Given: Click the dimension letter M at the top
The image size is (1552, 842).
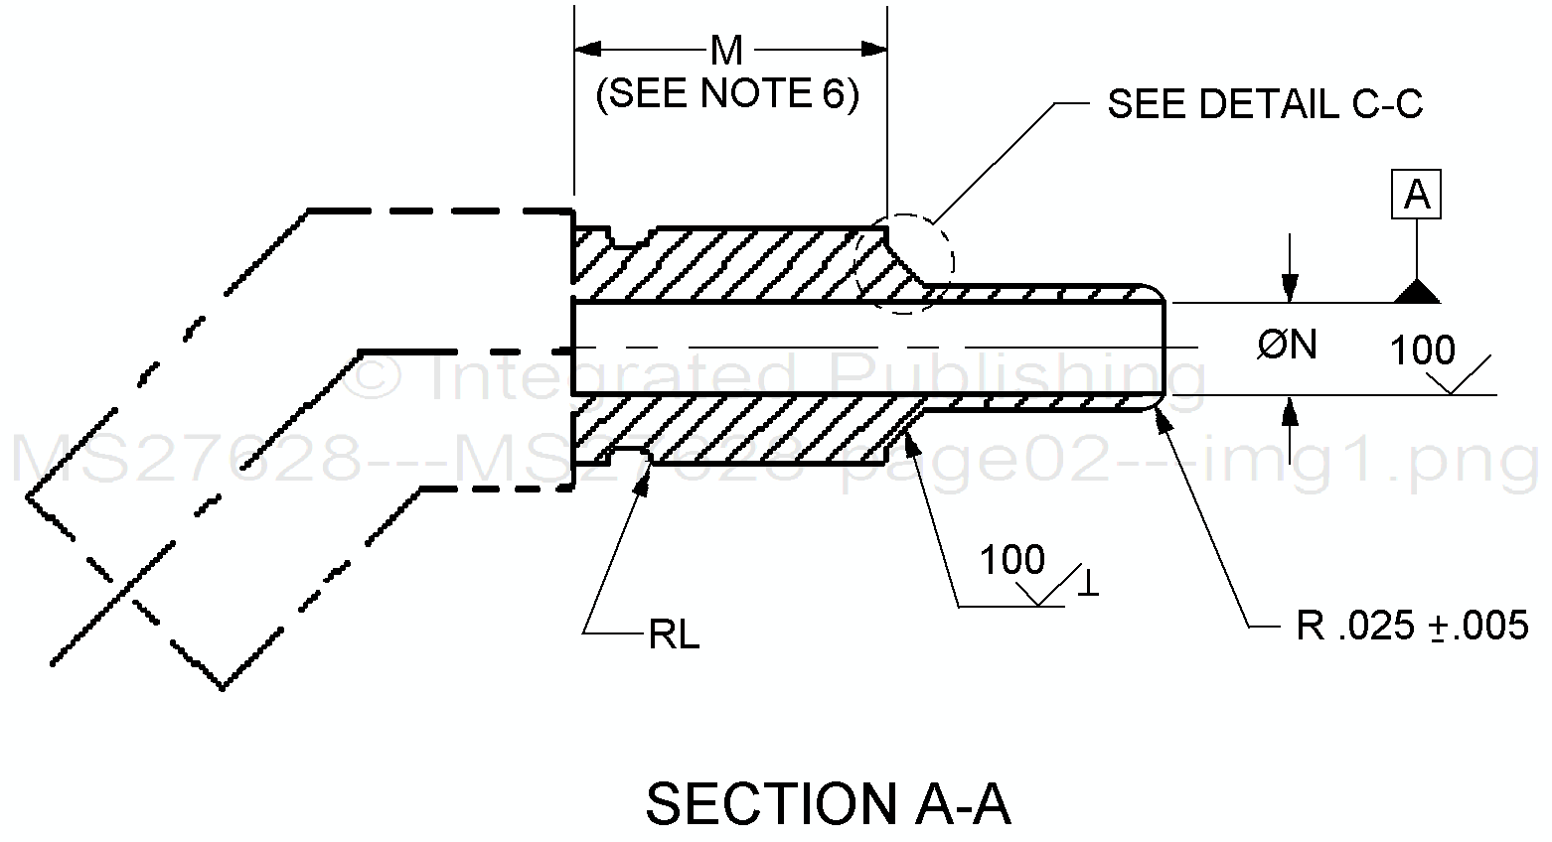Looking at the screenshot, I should click(x=727, y=50).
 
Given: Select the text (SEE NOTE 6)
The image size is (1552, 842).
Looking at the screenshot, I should click(x=727, y=94).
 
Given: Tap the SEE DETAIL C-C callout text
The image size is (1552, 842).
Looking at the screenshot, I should click(x=1265, y=104).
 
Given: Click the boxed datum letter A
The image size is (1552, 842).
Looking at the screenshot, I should click(x=1417, y=195).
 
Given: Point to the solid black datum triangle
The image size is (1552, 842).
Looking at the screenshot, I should click(x=1417, y=291).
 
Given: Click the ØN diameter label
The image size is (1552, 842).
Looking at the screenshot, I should click(x=1287, y=346).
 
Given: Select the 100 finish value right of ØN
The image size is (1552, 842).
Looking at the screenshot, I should click(x=1422, y=351).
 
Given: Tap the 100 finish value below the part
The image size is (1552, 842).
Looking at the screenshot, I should click(x=1012, y=561).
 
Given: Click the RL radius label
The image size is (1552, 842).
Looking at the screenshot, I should click(x=674, y=635).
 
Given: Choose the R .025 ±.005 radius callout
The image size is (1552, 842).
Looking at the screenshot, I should click(x=1412, y=626).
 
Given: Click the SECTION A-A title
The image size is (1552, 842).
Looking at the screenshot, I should click(x=828, y=804).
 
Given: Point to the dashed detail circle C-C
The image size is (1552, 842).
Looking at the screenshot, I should click(x=904, y=263).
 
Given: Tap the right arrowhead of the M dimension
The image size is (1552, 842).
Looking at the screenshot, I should click(x=874, y=49).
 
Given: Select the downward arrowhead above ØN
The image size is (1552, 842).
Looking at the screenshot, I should click(x=1290, y=289).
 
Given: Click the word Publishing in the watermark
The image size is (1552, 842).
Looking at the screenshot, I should click(x=1018, y=377).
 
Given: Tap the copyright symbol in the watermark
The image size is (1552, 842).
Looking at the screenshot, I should click(x=382, y=378).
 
